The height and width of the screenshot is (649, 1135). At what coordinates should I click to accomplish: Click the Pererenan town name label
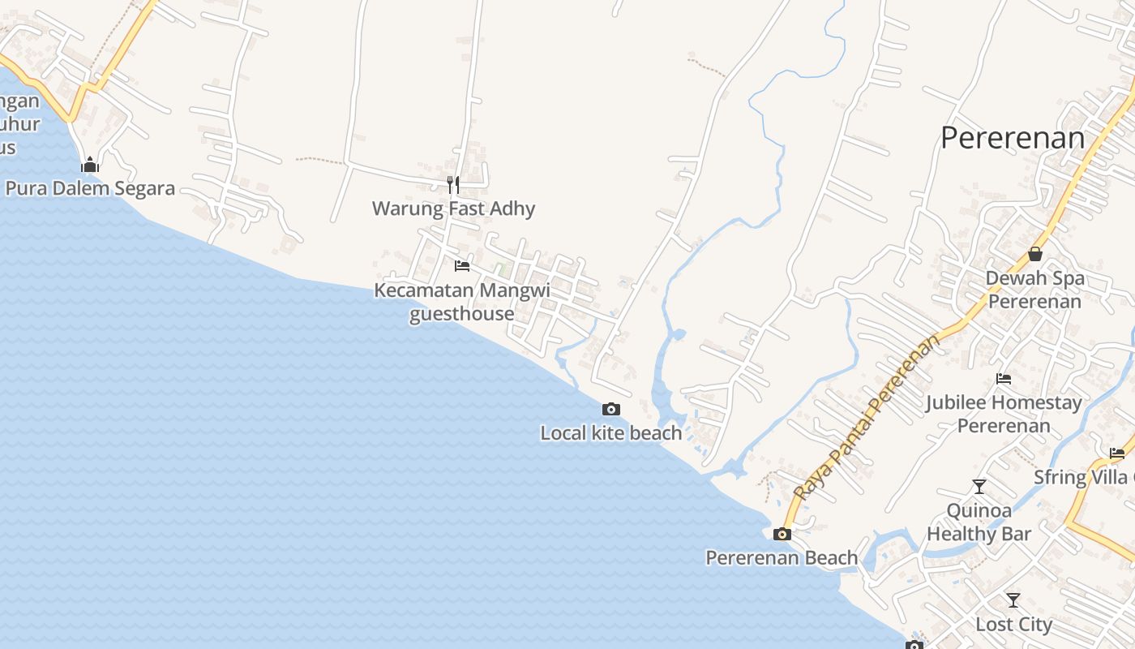(1013, 138)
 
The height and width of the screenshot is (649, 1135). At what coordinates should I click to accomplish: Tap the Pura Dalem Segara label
(90, 188)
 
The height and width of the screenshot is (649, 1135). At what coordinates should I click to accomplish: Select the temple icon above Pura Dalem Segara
(89, 165)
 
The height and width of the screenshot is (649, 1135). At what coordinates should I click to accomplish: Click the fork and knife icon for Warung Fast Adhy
(453, 185)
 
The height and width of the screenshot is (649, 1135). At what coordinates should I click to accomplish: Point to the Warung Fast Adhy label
(453, 208)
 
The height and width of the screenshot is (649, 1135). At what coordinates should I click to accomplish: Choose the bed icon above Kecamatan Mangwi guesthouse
(462, 265)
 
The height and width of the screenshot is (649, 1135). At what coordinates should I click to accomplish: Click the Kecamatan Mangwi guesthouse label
(461, 302)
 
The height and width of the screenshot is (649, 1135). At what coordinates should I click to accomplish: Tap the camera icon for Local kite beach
(611, 410)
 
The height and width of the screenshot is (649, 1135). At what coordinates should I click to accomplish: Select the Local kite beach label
(611, 433)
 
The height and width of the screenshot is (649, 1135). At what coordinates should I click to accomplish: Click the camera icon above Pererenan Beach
(782, 534)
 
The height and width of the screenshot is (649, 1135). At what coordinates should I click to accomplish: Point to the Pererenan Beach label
(782, 558)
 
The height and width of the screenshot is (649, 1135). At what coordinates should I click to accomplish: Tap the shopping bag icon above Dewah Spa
(1035, 254)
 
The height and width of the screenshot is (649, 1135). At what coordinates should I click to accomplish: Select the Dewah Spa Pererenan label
(1034, 290)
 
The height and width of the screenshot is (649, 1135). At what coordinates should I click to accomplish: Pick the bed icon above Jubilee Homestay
(1004, 379)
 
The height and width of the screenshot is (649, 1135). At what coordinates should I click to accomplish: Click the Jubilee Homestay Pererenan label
(1004, 414)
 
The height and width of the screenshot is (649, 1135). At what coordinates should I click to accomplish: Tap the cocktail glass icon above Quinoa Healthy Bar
(979, 487)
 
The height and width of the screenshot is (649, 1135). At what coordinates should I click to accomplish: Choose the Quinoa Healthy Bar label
(979, 522)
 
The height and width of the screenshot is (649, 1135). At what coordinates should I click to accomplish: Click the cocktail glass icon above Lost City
(1013, 600)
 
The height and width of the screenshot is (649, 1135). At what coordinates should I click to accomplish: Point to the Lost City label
(1013, 625)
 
